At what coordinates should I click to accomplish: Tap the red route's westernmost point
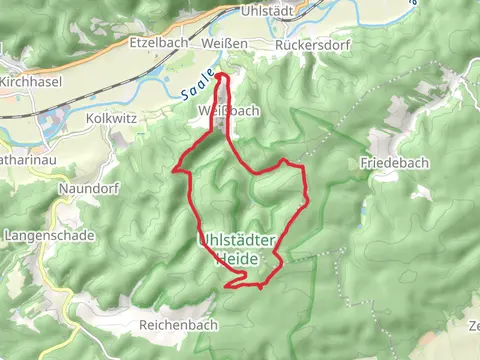177,170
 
